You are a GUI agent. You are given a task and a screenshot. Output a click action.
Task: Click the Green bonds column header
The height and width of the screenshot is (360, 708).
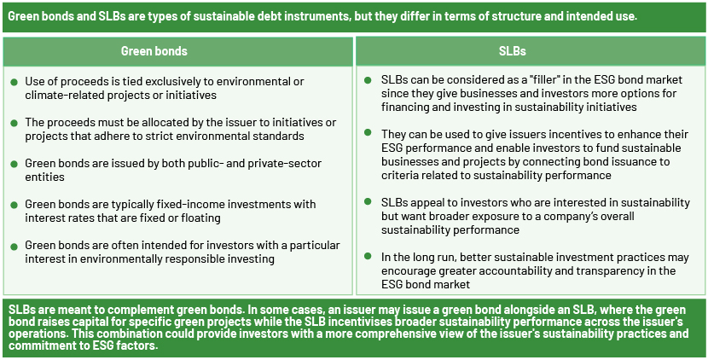tap(154, 51)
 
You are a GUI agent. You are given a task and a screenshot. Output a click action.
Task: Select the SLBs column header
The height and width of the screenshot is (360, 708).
tap(512, 51)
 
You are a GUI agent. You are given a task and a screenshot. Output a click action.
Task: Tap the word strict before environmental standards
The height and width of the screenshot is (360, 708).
tap(191, 136)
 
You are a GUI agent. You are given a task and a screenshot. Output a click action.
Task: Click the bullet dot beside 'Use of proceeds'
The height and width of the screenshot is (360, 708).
tap(14, 82)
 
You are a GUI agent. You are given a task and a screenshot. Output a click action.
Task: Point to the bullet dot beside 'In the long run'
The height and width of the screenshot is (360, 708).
tap(368, 256)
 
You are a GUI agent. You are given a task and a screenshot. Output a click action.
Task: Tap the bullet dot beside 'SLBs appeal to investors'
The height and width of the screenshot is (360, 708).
tap(368, 201)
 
